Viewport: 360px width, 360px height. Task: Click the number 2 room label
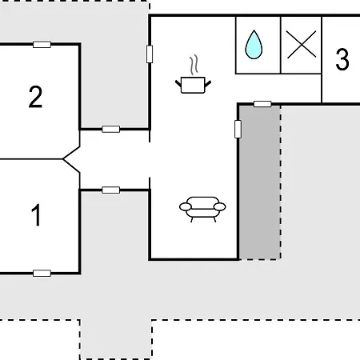click(35, 97)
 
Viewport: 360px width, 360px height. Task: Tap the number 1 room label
click(36, 215)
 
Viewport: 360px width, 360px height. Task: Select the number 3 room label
click(342, 59)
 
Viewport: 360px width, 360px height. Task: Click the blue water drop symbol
click(254, 45)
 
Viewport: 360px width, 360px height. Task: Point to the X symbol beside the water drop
click(302, 44)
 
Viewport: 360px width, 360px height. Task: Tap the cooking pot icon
click(193, 85)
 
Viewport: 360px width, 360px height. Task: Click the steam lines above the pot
click(194, 65)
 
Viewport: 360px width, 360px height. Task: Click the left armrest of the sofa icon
click(186, 206)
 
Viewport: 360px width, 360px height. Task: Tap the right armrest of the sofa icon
click(220, 206)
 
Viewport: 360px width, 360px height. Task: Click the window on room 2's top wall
click(42, 44)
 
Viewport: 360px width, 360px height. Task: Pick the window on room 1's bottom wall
click(42, 273)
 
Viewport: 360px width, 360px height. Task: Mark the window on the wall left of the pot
click(150, 54)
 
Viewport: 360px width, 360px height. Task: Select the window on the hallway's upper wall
click(111, 129)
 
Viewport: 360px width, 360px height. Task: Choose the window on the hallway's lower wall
click(111, 190)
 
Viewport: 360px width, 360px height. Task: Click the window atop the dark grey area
click(262, 104)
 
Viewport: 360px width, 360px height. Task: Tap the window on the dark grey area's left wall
click(238, 129)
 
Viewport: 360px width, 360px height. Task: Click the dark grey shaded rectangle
click(260, 182)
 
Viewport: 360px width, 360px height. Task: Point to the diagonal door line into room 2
click(71, 153)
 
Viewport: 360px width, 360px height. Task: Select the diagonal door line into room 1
click(71, 166)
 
